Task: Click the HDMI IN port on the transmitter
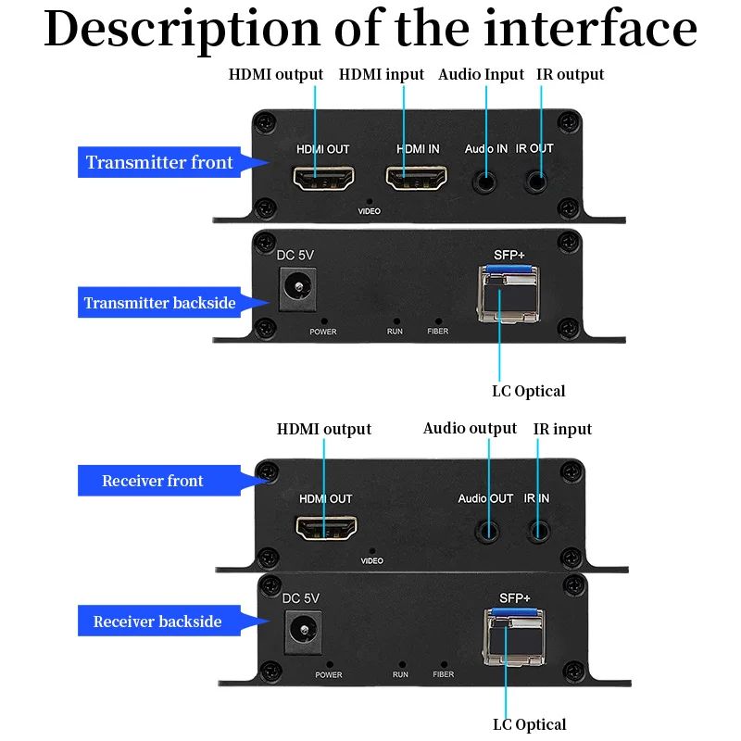click(x=416, y=178)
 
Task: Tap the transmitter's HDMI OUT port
click(x=323, y=178)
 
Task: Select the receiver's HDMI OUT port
click(x=326, y=527)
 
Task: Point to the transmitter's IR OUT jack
click(x=536, y=182)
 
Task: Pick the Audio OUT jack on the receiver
click(x=487, y=532)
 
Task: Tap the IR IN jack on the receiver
click(x=539, y=532)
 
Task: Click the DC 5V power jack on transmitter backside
click(x=297, y=289)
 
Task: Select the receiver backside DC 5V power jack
click(x=304, y=632)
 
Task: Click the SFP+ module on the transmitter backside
click(x=509, y=294)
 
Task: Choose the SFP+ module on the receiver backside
click(x=514, y=637)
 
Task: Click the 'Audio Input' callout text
click(x=481, y=74)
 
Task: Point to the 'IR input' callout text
click(x=562, y=429)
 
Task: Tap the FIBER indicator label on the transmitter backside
click(x=437, y=332)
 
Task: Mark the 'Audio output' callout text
click(x=470, y=428)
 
